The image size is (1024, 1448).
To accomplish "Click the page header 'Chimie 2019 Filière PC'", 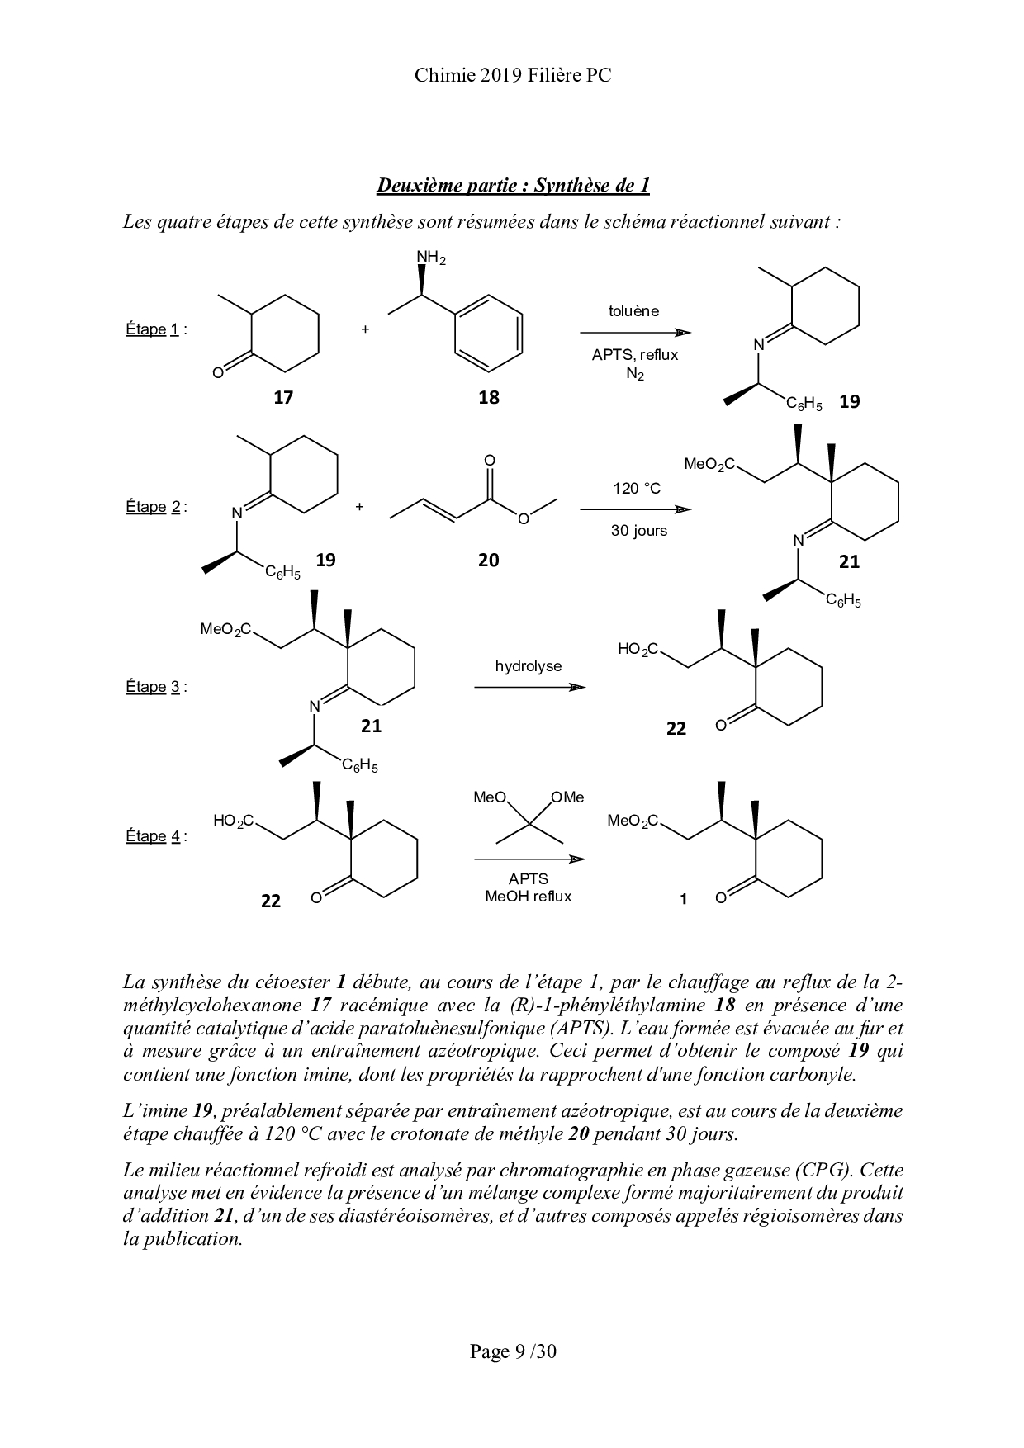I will click(512, 76).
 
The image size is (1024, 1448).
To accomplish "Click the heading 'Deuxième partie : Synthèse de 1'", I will click(513, 185).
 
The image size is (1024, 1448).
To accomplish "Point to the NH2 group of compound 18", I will click(430, 258).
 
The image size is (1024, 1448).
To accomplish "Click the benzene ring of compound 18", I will click(488, 333).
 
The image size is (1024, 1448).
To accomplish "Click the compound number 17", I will click(283, 398).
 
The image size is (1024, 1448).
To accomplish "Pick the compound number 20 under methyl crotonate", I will click(489, 561).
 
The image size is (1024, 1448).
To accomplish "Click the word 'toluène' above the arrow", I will click(634, 311).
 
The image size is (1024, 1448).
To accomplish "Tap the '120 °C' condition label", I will click(637, 489).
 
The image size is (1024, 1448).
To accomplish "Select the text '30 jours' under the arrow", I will click(638, 531).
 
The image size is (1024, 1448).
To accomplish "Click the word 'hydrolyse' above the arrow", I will click(529, 666).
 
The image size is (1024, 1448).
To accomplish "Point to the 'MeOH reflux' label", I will click(528, 897).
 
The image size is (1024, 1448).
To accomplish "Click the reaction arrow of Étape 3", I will click(529, 687).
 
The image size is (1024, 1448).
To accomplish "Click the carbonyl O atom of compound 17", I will click(217, 372).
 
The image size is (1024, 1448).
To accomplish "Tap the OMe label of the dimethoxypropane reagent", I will click(567, 797).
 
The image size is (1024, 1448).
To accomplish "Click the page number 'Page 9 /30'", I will click(513, 1351).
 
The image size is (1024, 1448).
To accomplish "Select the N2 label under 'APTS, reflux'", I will click(634, 374).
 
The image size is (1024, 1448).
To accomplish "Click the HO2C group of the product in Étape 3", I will click(638, 650).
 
